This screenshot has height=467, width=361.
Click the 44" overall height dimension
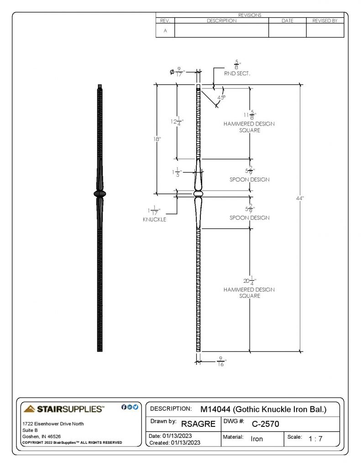[299, 198]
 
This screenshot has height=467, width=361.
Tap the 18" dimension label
[157, 139]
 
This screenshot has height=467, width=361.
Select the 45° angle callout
[221, 98]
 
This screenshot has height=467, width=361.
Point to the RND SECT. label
[237, 73]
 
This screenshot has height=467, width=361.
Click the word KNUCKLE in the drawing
[154, 219]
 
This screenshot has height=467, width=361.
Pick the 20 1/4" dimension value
[250, 280]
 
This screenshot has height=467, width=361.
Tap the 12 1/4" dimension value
[177, 121]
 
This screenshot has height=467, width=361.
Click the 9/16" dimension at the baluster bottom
[221, 362]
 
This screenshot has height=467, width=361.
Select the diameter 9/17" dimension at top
[177, 72]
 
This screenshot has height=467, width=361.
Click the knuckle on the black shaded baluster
[100, 194]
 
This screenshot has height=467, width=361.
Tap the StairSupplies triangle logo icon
[29, 409]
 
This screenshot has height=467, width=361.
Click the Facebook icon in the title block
[124, 407]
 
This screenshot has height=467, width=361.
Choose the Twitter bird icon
[136, 407]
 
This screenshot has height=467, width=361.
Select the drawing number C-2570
[265, 424]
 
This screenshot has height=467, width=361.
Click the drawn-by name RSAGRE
[198, 424]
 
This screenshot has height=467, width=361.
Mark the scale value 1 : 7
[315, 439]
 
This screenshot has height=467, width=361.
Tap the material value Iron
[256, 439]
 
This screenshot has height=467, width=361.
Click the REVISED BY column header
[325, 21]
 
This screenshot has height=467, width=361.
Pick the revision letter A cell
[165, 31]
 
